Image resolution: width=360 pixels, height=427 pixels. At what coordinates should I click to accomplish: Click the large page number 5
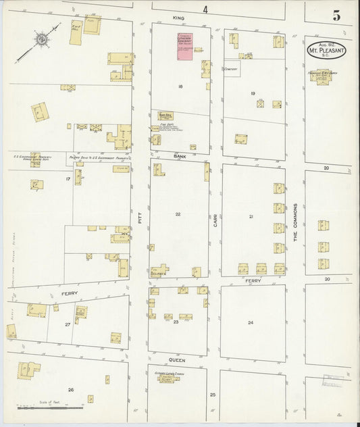tap(335, 15)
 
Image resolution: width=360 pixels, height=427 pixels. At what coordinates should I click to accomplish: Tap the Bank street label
tap(180, 156)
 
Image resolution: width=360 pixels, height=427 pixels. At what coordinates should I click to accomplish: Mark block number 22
tap(178, 214)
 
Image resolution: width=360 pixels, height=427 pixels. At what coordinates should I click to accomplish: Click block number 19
tap(253, 93)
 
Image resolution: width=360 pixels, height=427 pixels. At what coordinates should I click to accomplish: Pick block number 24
tap(251, 323)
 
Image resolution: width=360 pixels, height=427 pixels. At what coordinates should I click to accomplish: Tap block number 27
tap(68, 325)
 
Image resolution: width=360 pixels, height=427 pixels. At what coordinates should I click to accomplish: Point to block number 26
tap(70, 390)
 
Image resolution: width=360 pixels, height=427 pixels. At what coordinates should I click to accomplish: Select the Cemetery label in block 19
tap(231, 69)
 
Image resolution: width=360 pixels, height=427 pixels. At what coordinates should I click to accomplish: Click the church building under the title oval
tap(322, 77)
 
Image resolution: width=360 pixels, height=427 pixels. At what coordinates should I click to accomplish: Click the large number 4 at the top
tap(205, 9)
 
